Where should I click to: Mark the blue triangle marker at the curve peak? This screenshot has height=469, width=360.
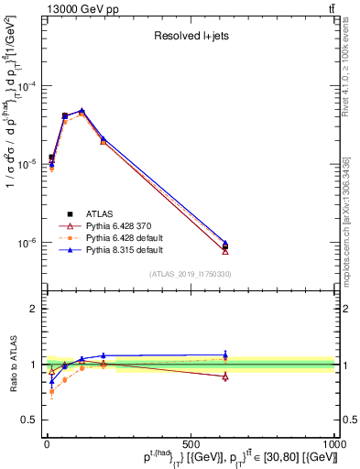pos(82,111)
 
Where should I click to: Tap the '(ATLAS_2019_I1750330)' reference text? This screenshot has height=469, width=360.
pos(189,274)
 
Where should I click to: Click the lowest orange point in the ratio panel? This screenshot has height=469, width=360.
pos(51,391)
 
